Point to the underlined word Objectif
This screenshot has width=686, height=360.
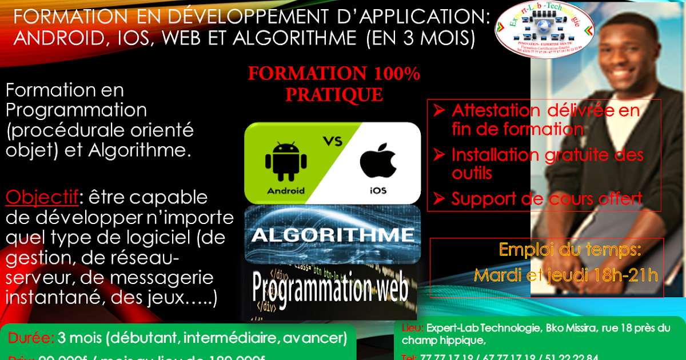point(42,198)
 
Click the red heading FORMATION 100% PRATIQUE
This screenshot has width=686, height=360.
point(334,83)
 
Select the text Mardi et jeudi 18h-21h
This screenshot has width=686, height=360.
point(566,275)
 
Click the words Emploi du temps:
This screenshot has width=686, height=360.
point(570,250)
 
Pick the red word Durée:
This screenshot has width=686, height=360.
point(31,338)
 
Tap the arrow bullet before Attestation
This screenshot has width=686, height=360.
point(438,110)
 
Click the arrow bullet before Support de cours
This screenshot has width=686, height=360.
point(438,199)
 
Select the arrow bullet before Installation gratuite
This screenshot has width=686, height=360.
point(438,154)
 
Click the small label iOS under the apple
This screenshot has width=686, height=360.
point(378,190)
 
